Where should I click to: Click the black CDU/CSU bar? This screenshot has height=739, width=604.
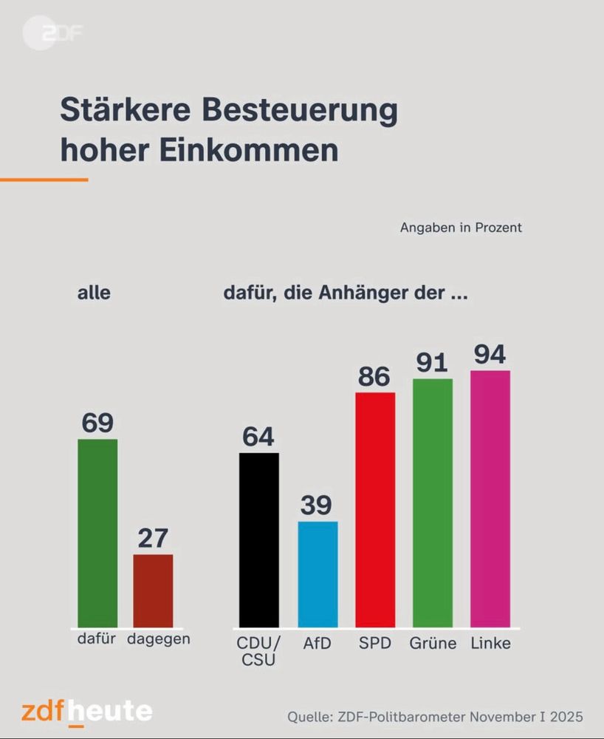click(x=259, y=539)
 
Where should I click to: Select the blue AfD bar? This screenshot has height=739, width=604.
click(x=318, y=574)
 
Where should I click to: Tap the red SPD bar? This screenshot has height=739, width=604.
click(x=375, y=509)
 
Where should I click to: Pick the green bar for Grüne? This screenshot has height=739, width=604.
click(x=432, y=503)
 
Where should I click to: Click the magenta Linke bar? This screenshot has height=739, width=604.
click(x=490, y=499)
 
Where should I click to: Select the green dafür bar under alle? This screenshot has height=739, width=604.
click(x=97, y=533)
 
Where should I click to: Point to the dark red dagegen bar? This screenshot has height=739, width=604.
click(x=153, y=590)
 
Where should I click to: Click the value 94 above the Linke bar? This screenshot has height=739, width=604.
click(x=490, y=355)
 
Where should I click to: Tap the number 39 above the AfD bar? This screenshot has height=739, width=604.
click(x=317, y=505)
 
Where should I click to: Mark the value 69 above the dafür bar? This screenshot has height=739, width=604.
click(x=97, y=423)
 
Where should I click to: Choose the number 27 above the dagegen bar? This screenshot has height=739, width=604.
click(x=153, y=538)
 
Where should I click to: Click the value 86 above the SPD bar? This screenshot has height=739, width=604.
click(x=374, y=377)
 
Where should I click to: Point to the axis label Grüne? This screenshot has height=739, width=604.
click(x=433, y=643)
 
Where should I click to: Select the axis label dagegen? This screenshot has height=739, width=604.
click(x=158, y=639)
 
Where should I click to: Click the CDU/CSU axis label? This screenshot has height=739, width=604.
click(x=258, y=650)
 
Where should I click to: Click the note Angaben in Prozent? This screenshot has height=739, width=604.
click(x=461, y=228)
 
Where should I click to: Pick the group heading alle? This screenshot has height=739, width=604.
click(x=94, y=293)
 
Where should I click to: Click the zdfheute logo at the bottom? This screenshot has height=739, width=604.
click(x=87, y=712)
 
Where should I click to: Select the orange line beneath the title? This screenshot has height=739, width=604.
click(x=44, y=179)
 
